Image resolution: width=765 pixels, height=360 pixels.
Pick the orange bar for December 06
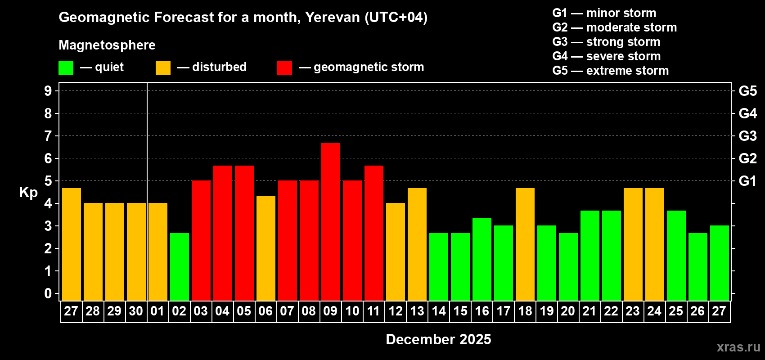(266, 248)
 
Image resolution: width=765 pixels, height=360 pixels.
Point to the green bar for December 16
(482, 259)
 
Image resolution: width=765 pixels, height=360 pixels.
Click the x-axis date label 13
(417, 311)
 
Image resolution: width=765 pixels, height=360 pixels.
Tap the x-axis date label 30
(136, 311)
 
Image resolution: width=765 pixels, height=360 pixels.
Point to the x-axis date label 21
(589, 311)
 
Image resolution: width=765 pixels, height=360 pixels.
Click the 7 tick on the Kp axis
(48, 136)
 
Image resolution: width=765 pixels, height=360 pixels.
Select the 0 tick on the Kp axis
(48, 293)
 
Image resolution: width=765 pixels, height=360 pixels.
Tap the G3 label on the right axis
(747, 136)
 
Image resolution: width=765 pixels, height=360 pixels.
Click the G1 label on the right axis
(747, 181)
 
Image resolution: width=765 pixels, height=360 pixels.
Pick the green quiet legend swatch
(66, 68)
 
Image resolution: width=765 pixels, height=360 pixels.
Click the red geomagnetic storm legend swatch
(285, 68)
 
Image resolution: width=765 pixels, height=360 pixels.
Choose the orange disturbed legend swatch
(163, 68)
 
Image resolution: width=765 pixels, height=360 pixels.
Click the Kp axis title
(28, 192)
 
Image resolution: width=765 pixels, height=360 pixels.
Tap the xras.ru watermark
(738, 346)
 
